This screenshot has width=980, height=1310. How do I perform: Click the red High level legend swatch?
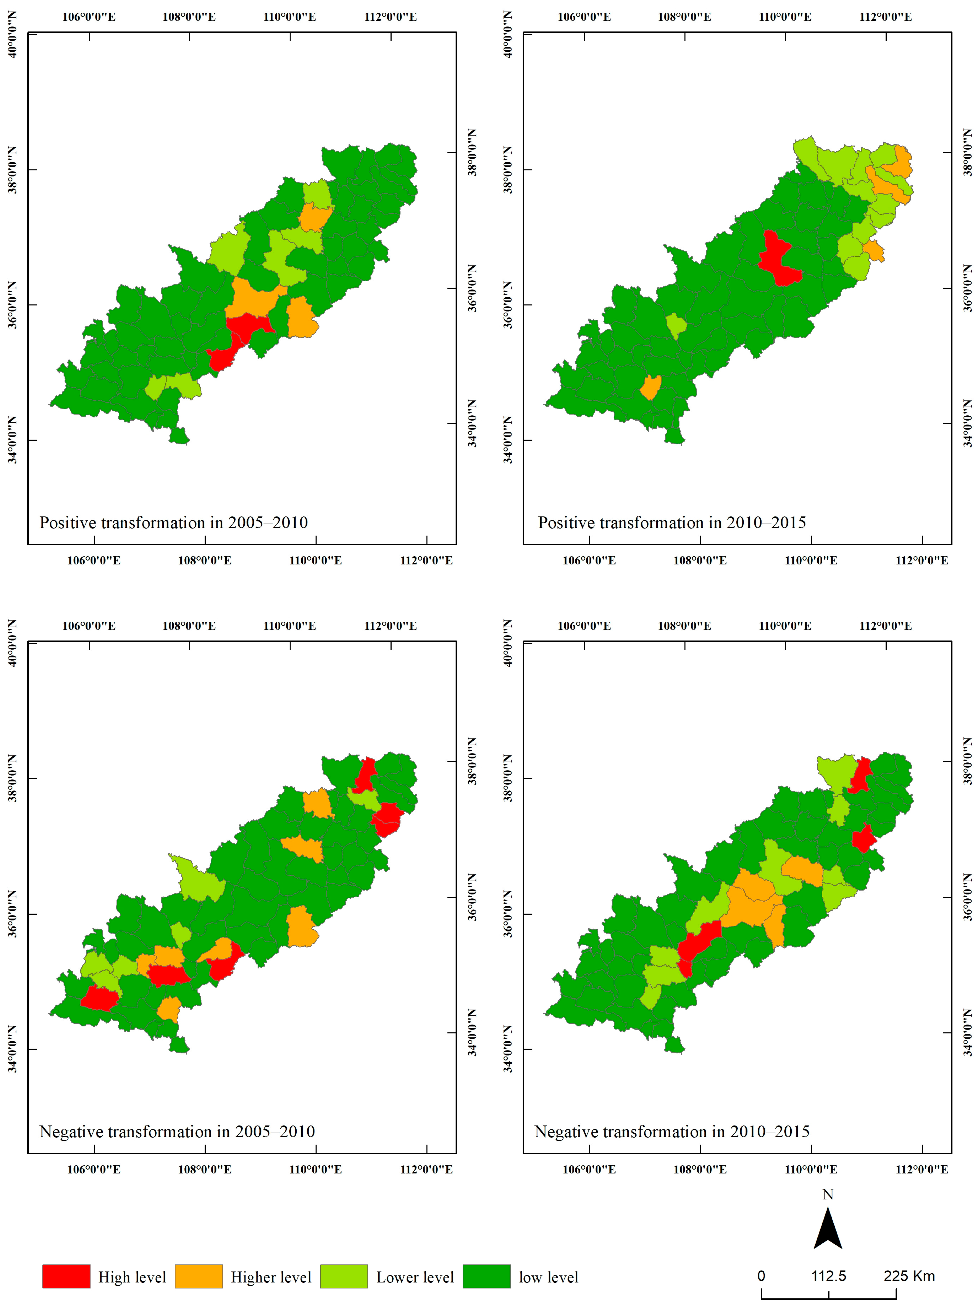pos(66,1276)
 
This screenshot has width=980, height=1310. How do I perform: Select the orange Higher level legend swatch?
pos(198,1276)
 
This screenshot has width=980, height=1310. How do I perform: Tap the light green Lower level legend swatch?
pos(344,1276)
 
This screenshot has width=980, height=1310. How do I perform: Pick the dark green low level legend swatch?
pos(486,1276)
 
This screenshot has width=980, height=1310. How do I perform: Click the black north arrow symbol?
pos(828,1229)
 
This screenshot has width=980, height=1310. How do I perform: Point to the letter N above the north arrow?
pos(828,1195)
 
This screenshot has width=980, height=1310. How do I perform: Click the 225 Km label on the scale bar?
pos(909,1276)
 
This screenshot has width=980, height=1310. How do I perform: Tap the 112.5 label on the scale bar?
pos(828,1276)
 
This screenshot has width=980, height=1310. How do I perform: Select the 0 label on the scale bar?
pos(761,1276)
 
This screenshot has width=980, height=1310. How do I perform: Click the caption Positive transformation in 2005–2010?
pos(174,522)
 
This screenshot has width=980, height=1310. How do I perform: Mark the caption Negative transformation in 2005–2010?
pos(177,1131)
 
